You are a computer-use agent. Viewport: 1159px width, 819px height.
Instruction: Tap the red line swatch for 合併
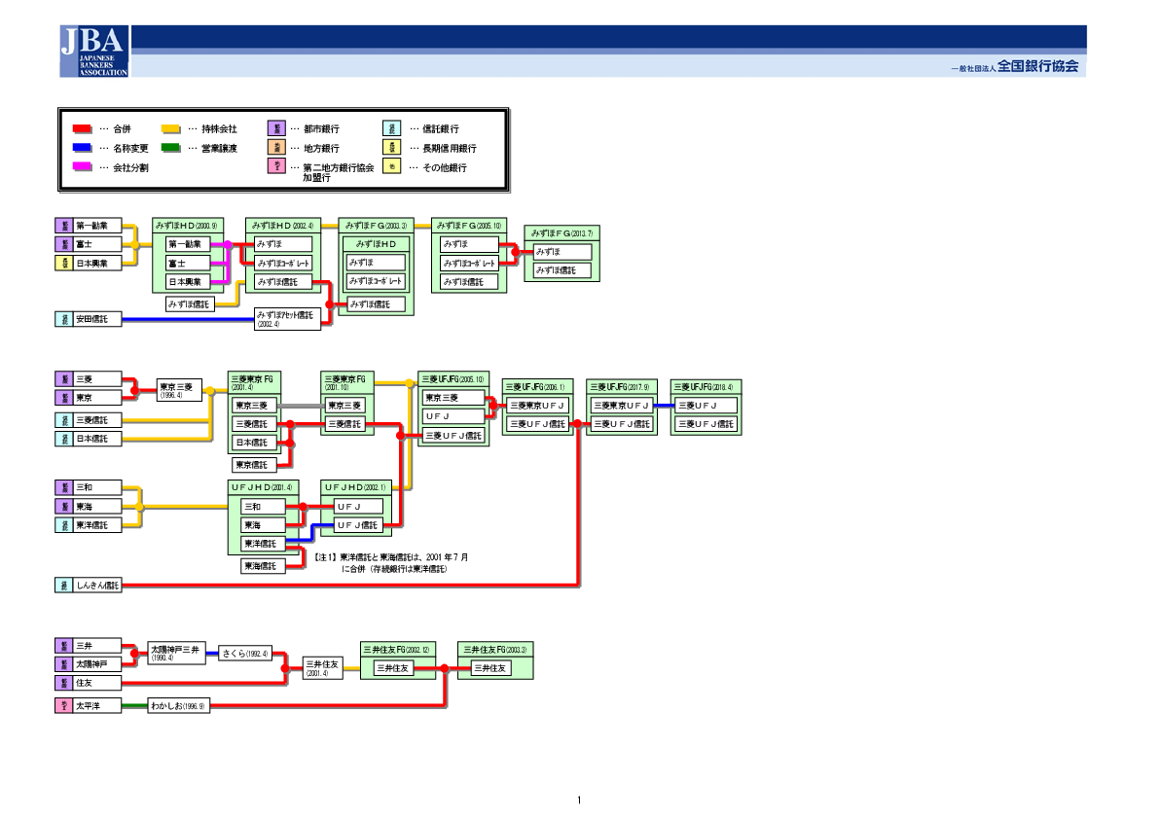pos(83,128)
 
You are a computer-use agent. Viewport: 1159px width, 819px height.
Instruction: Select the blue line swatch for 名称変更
pos(83,148)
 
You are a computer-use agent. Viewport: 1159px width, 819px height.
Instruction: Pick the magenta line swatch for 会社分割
pos(83,167)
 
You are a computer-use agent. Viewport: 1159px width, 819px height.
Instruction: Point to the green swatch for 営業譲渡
pos(170,148)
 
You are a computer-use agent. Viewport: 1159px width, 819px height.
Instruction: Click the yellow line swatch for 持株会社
pos(170,128)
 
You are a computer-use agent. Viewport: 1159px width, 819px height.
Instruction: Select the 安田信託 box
pos(97,319)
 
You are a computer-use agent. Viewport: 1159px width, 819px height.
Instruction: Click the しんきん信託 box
pos(97,586)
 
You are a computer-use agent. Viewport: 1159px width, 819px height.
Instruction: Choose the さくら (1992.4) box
pos(243,654)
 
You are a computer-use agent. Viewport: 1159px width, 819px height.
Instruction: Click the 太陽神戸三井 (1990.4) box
pos(176,652)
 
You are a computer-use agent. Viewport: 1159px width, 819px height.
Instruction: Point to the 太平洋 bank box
pos(97,706)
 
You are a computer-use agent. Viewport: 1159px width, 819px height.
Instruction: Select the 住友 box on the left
pos(97,684)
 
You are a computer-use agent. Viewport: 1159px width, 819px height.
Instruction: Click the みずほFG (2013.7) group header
pos(561,233)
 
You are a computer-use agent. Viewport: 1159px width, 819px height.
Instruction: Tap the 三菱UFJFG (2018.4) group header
pos(706,386)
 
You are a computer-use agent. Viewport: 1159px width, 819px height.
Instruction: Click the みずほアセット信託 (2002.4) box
pos(287,319)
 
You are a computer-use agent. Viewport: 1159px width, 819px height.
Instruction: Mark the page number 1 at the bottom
pos(579,801)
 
